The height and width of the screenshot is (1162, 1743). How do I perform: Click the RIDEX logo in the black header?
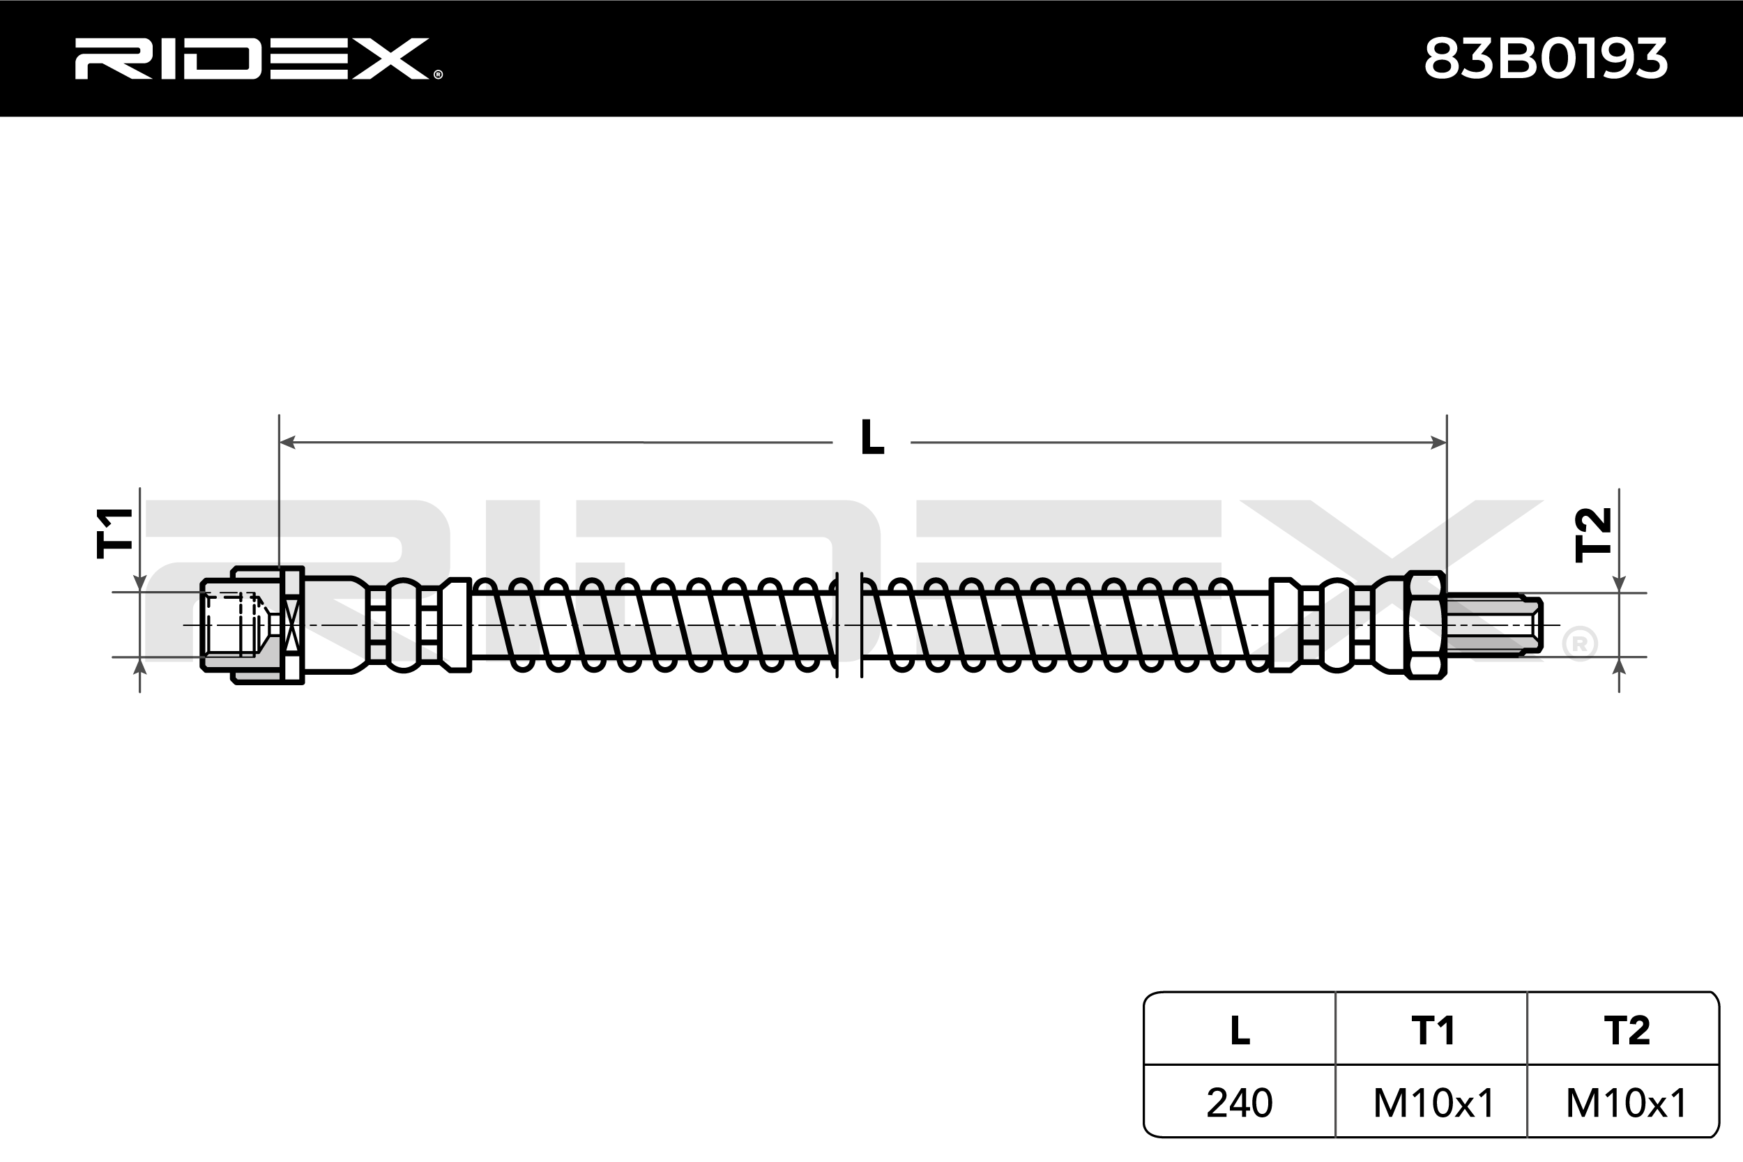click(x=252, y=59)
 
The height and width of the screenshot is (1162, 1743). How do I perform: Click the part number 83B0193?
click(x=1545, y=59)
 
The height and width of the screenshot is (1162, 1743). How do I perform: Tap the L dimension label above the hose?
click(x=872, y=438)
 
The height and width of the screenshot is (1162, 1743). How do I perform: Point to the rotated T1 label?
click(x=115, y=533)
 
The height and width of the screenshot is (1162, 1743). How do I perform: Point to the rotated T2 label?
click(x=1593, y=535)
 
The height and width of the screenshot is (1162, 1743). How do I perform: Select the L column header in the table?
click(x=1240, y=1031)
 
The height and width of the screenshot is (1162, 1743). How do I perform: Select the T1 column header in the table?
click(x=1433, y=1031)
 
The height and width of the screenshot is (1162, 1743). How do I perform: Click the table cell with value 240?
click(x=1240, y=1103)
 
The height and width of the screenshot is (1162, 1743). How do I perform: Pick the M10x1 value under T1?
click(x=1433, y=1103)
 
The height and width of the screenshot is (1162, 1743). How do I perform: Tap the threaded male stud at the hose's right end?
click(x=1493, y=625)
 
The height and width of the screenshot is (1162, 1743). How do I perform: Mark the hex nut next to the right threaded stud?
click(x=1424, y=625)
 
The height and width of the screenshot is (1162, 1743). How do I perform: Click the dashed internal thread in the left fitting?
click(x=234, y=625)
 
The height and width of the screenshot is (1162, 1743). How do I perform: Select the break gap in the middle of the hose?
click(x=849, y=625)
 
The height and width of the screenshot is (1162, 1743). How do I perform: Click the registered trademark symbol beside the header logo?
click(x=438, y=74)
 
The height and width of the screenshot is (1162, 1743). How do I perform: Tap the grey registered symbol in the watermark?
click(x=1579, y=644)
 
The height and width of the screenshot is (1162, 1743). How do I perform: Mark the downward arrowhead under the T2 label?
click(x=1619, y=585)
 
